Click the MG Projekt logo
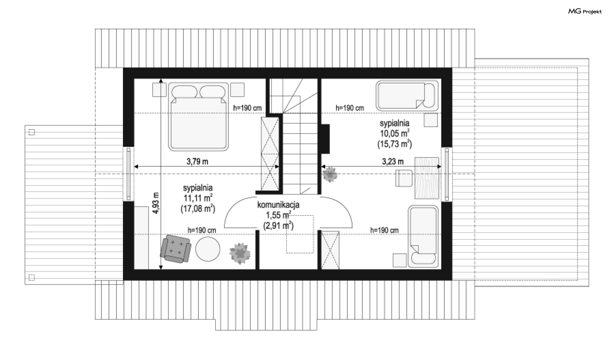coord(585,11)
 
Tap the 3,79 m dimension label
coord(197,162)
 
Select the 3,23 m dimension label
coord(393,162)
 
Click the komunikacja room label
coord(278,205)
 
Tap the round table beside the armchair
coord(208,249)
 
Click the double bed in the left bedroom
coord(198,117)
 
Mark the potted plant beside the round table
coord(240,253)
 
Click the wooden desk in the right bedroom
coord(427,178)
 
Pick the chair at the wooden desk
coord(404,178)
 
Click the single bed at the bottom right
coord(423,236)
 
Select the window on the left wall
coord(128,174)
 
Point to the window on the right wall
coord(447,174)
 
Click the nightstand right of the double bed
coord(237,90)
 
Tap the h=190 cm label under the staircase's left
coord(247,108)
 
